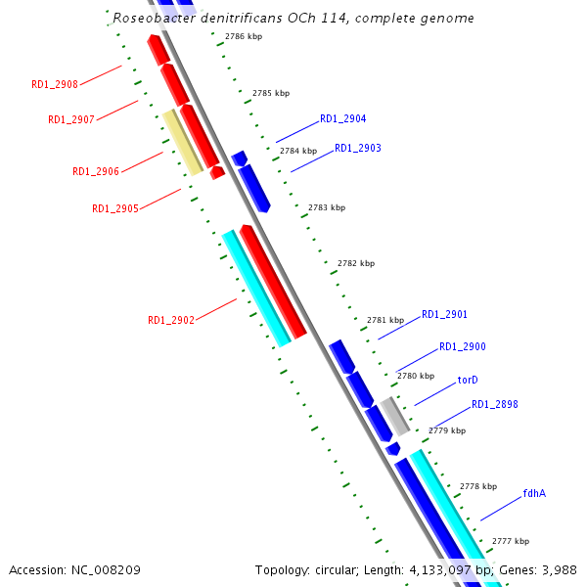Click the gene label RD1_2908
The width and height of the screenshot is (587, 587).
coord(55,85)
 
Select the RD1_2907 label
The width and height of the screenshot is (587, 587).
coord(71,120)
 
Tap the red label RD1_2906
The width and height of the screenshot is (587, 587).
coord(96,172)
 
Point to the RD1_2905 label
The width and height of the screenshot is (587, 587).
coord(115,208)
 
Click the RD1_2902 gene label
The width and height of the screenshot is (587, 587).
coord(171,320)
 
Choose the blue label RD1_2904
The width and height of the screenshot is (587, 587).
coord(342,119)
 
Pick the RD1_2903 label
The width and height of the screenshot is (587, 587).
coord(358,149)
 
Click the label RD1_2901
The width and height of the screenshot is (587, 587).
coord(444,315)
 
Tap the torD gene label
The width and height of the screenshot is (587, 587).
coord(468,380)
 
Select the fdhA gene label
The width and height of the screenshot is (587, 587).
coord(534,493)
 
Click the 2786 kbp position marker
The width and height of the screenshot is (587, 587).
coord(243,36)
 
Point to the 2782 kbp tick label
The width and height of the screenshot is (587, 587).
coord(355,264)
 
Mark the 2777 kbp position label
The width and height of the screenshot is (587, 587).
coord(510,541)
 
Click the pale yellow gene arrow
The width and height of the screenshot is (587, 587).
coord(183,144)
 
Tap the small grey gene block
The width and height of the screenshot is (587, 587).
coord(396,417)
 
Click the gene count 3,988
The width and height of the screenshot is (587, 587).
coord(558,569)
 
